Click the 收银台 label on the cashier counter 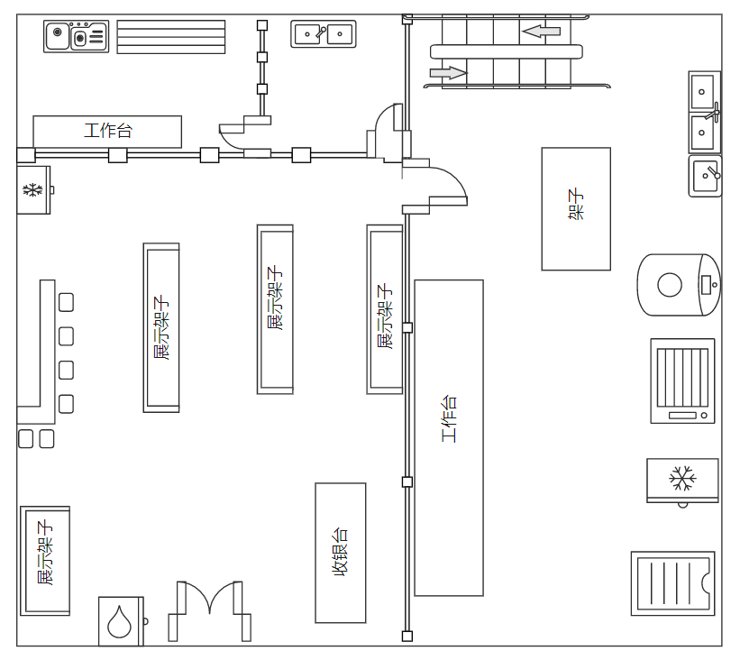[341, 553]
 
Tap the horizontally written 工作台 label [107, 131]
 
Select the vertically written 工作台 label [449, 418]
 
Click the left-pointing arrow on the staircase [541, 32]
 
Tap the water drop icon [120, 622]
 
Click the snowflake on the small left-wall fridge [32, 190]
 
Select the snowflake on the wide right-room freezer [682, 478]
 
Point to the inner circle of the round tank [670, 286]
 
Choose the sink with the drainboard [77, 37]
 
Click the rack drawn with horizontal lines [170, 37]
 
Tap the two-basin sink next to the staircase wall [323, 34]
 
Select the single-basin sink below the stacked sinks [705, 175]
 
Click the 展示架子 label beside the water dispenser [44, 555]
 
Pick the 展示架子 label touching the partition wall [385, 316]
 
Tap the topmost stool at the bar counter [66, 302]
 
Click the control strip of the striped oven [682, 415]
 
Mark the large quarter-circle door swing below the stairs [446, 185]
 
